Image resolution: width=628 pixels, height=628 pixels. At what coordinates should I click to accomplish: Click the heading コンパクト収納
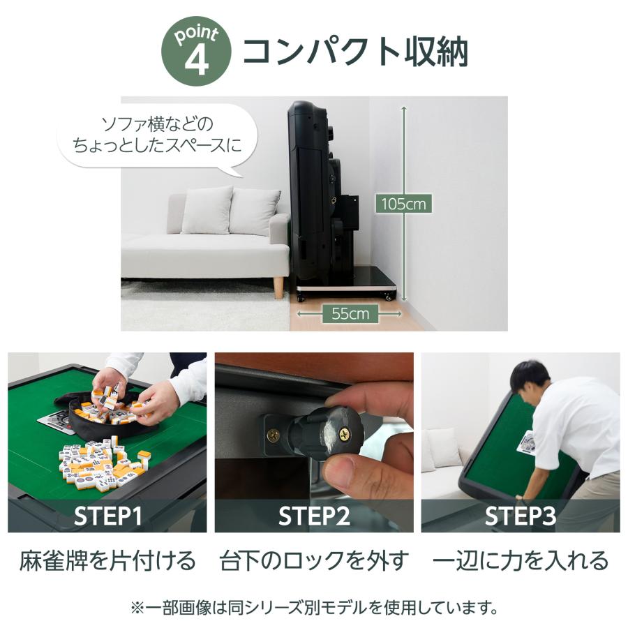click(354, 52)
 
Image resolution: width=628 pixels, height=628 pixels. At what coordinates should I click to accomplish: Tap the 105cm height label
click(403, 204)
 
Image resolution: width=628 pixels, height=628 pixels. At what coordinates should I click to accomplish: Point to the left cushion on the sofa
click(207, 210)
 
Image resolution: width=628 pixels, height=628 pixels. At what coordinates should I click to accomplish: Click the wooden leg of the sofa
click(278, 287)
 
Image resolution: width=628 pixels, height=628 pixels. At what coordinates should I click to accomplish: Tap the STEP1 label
click(108, 516)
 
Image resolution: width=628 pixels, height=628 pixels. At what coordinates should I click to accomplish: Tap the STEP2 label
click(313, 516)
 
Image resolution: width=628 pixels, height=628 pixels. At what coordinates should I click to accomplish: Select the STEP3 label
click(520, 516)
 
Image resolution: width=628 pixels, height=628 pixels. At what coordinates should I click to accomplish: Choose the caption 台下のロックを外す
click(313, 560)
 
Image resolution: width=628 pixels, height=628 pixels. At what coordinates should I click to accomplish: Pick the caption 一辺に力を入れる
click(520, 560)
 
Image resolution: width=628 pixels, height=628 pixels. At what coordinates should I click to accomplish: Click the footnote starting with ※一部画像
click(313, 607)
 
